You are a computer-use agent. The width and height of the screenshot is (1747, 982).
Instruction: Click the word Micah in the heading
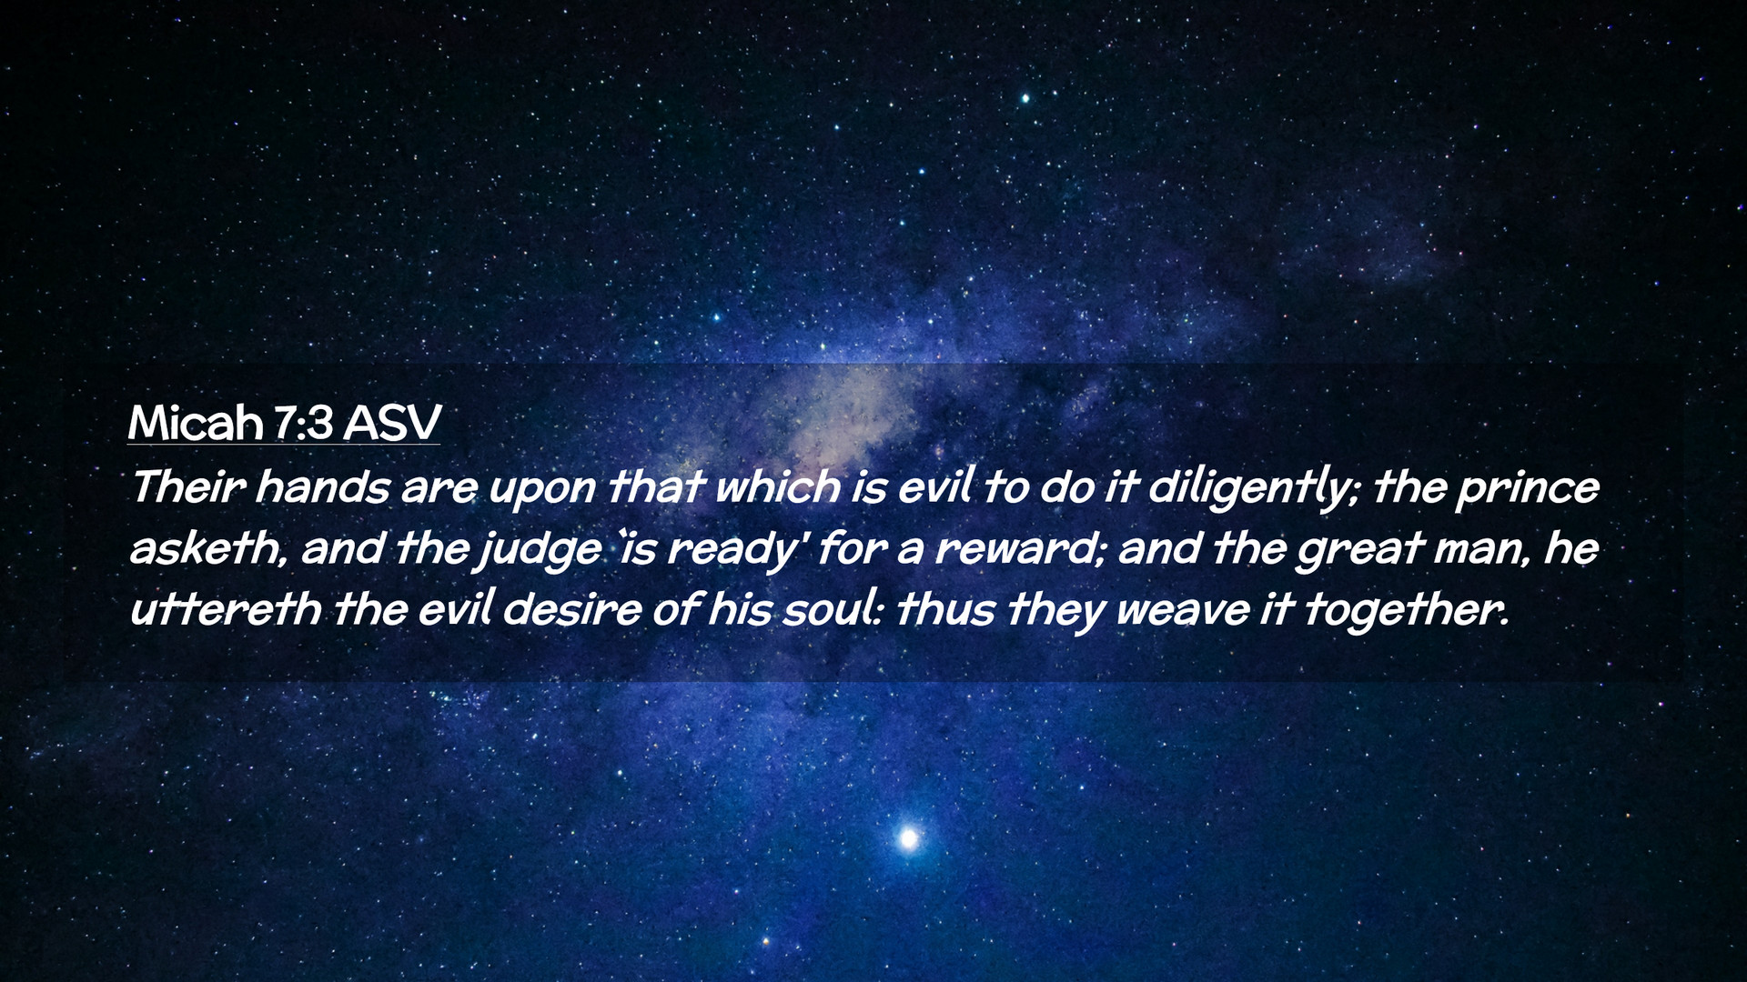(x=195, y=423)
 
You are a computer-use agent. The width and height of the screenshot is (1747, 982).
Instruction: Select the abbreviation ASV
(x=391, y=423)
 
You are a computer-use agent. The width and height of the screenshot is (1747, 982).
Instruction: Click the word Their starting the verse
(x=187, y=487)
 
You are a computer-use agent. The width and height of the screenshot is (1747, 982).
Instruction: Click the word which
(x=778, y=487)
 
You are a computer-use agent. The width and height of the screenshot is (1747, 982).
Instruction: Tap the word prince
(x=1528, y=491)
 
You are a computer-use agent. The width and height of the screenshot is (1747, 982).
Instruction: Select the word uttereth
(x=226, y=609)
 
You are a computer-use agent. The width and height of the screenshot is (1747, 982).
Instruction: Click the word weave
(x=1181, y=612)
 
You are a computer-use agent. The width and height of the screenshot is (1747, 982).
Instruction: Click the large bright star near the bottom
(x=908, y=838)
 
